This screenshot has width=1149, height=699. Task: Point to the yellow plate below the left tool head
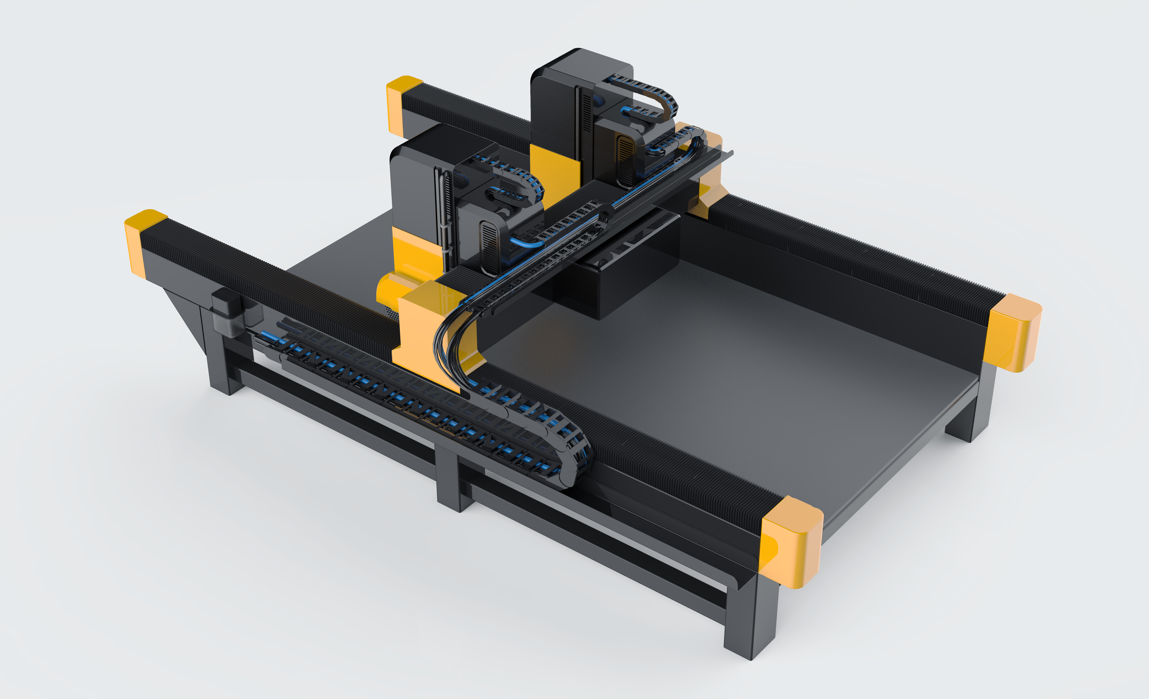[x=415, y=252]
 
